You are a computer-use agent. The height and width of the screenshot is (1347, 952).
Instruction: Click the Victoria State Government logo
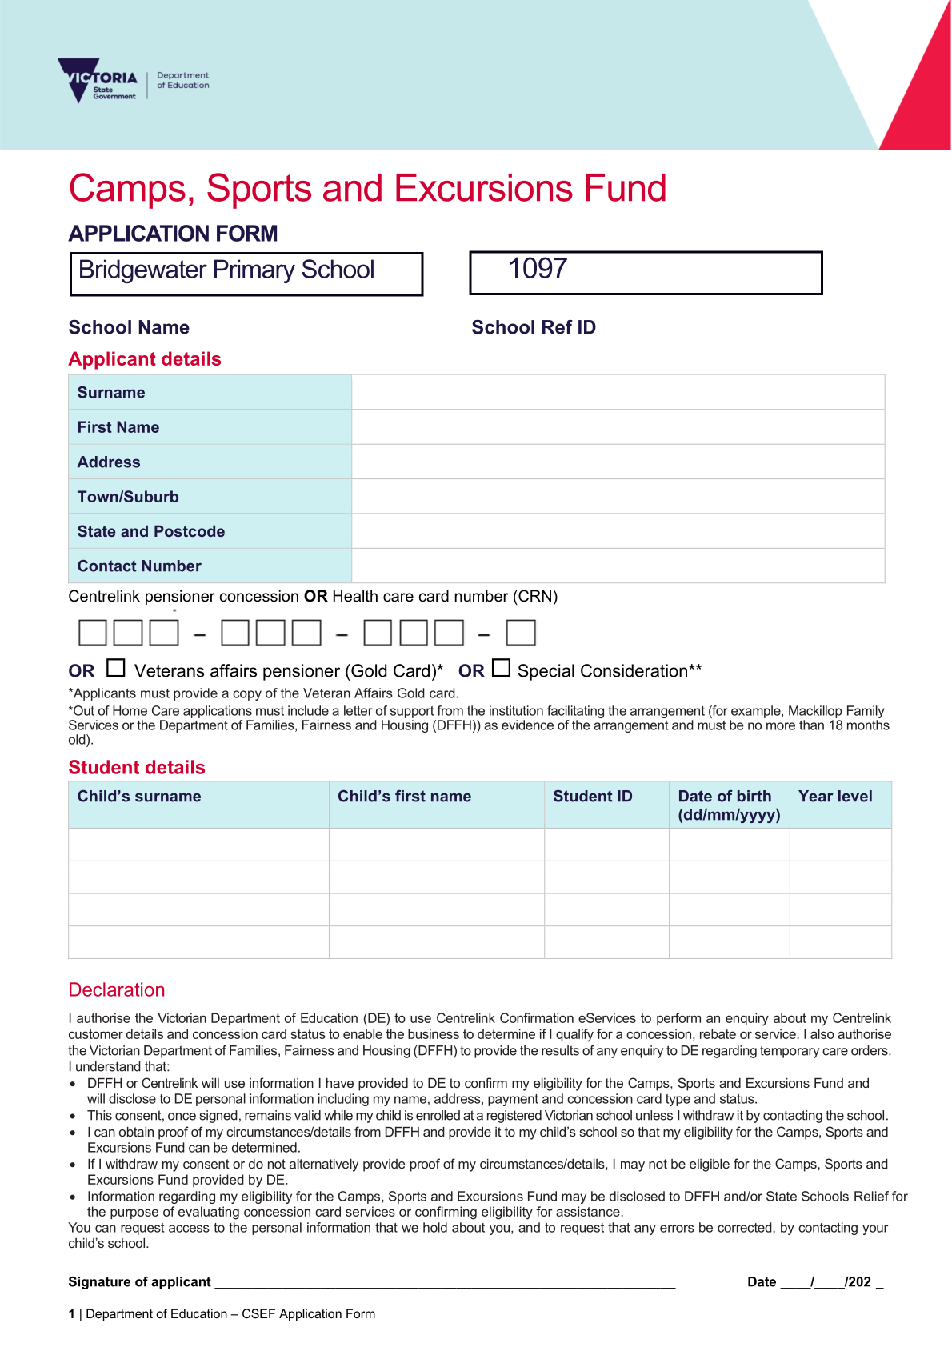click(x=98, y=80)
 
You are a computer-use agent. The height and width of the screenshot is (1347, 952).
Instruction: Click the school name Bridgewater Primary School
click(x=226, y=270)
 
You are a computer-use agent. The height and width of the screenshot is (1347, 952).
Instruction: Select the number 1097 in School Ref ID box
click(x=538, y=269)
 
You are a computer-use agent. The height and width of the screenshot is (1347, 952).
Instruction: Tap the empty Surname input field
click(x=618, y=392)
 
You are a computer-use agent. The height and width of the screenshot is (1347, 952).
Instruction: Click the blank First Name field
click(x=618, y=427)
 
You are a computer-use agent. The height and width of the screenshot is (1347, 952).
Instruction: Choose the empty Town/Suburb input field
click(x=618, y=497)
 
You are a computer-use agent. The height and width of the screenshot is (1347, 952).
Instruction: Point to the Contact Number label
click(x=139, y=566)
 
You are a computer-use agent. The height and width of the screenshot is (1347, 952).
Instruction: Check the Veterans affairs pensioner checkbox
click(x=116, y=667)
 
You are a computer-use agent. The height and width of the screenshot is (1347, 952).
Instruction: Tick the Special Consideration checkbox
click(x=502, y=667)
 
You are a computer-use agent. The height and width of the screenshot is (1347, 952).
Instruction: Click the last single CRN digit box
click(x=521, y=633)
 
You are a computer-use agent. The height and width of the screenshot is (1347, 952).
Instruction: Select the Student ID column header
click(x=593, y=797)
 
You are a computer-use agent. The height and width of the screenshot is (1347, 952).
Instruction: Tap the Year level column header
click(x=835, y=797)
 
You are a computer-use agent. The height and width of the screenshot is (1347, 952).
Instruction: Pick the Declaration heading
click(x=117, y=990)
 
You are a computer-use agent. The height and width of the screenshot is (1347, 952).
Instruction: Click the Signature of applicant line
click(x=445, y=1281)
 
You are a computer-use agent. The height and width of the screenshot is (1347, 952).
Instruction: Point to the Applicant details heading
click(x=145, y=359)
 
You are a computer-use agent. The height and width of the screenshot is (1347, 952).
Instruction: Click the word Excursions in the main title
click(x=484, y=189)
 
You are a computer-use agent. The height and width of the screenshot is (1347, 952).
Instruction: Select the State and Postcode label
click(x=151, y=532)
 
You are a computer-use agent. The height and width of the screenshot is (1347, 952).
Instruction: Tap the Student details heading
click(x=137, y=768)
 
